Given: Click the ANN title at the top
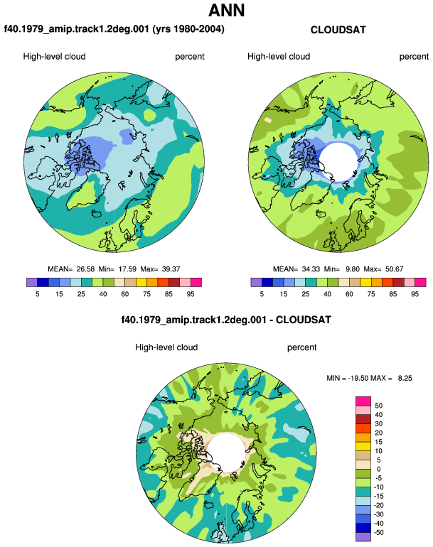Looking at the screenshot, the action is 226,10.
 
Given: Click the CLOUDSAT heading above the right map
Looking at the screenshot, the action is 338,30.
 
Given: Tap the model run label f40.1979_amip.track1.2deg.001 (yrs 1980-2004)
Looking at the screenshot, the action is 114,29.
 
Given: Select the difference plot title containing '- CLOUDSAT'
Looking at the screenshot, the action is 226,320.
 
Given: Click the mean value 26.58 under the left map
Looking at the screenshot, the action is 85,269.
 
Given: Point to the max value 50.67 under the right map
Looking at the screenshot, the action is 394,269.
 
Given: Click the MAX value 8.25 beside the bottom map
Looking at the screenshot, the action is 405,378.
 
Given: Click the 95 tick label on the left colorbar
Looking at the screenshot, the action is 191,294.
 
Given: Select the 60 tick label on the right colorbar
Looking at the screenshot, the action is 349,294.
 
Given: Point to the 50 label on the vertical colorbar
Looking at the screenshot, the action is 378,406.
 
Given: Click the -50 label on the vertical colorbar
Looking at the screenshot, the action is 378,533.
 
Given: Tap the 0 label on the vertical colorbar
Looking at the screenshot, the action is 378,469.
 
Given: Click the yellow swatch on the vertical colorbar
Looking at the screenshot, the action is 363,446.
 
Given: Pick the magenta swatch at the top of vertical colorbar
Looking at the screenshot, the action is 363,401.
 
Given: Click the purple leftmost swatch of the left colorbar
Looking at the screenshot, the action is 32,282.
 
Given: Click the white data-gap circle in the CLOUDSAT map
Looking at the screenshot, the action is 338,162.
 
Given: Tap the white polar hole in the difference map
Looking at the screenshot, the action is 227,453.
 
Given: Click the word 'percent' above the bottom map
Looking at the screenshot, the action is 301,347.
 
